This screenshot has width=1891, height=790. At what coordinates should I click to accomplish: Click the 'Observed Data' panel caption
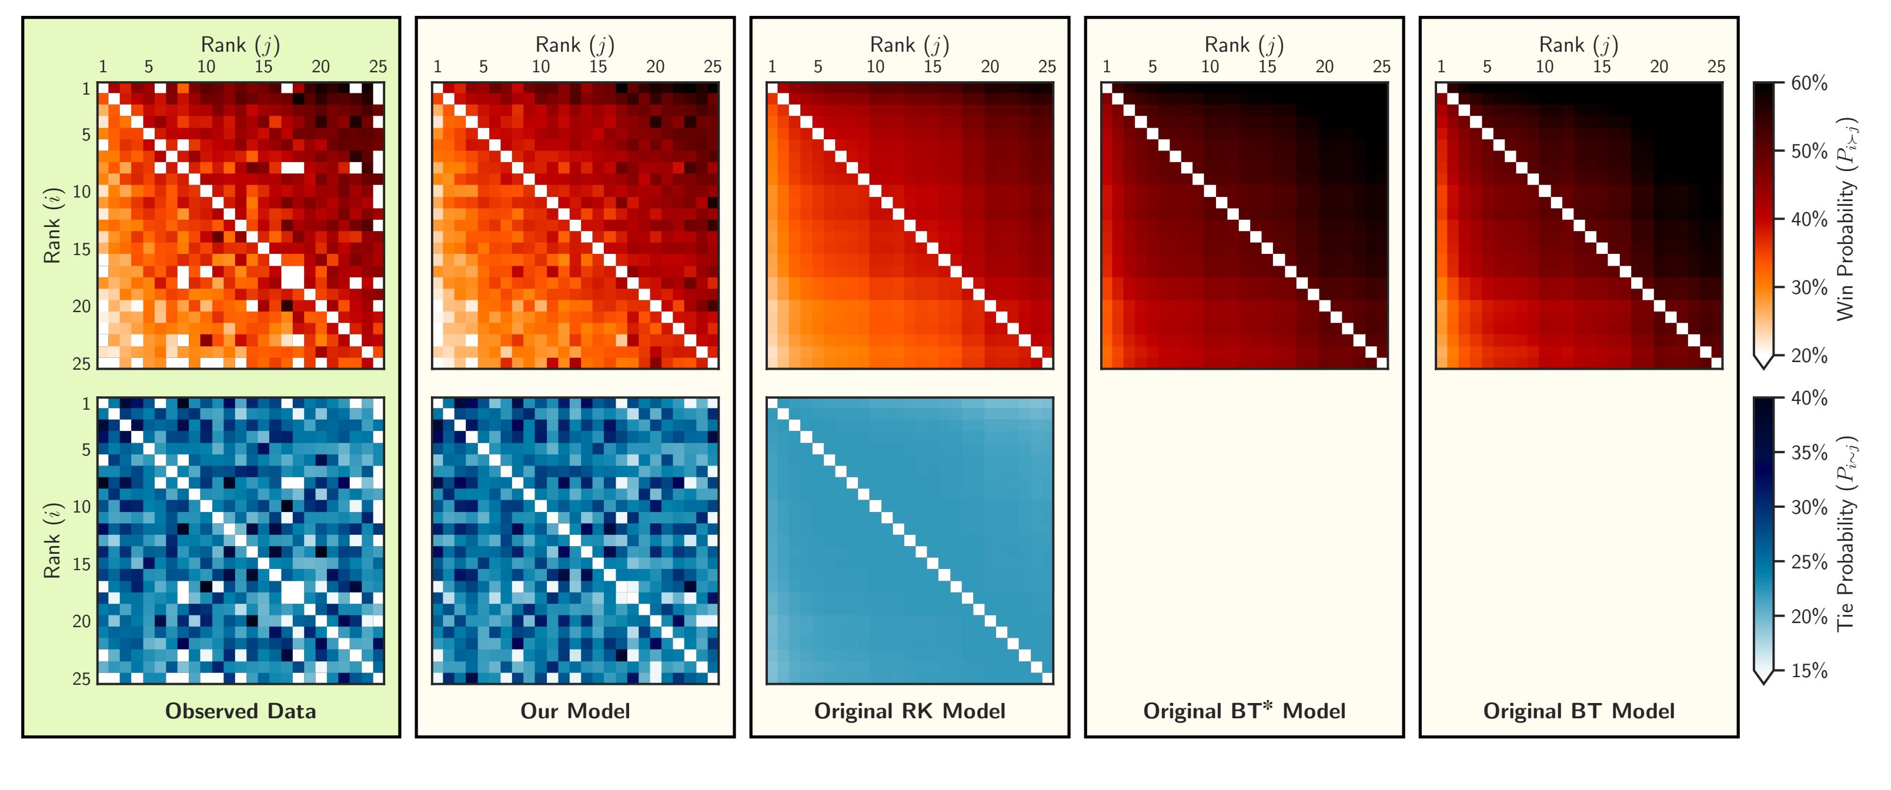coord(240,711)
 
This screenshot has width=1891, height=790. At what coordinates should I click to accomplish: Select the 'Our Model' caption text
coord(575,711)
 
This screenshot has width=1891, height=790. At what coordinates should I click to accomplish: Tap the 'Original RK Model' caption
coord(910,711)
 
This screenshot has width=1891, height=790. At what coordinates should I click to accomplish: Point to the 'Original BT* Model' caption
coord(1244,711)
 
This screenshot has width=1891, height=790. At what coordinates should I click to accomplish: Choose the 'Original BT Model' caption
coord(1579,711)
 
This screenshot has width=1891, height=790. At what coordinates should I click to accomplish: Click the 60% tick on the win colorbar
coord(1809,83)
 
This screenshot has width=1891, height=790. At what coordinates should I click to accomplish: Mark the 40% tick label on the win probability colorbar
coord(1809,219)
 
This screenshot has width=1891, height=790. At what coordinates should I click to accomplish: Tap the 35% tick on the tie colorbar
coord(1809,453)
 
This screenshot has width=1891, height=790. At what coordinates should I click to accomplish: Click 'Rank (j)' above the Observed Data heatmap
coord(240,45)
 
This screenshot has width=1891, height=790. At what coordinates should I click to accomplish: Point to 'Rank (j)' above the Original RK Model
coord(910,45)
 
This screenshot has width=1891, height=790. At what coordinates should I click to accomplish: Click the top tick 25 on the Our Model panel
coord(712,67)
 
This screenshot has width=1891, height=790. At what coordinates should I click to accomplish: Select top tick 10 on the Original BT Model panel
coord(1545,67)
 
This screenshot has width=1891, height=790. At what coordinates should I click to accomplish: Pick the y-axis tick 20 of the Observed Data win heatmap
coord(82,307)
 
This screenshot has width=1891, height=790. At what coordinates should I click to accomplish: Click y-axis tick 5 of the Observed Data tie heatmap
coord(86,450)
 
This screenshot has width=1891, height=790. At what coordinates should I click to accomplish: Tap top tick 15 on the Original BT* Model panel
coord(1267,67)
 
